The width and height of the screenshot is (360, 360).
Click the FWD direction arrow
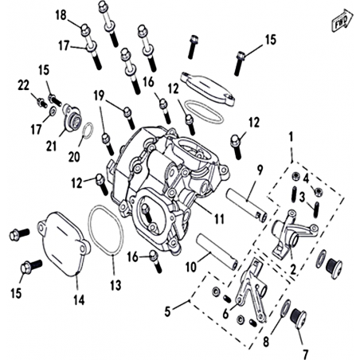tap(342, 21)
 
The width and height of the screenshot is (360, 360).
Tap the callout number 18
tap(61, 15)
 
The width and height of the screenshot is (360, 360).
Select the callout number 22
tap(24, 85)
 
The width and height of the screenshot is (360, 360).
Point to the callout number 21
tap(51, 146)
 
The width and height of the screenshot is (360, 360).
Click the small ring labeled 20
tap(88, 130)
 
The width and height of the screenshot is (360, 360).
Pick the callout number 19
tap(99, 96)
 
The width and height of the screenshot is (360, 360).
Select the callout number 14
tap(80, 300)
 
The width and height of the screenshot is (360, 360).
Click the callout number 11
tap(219, 219)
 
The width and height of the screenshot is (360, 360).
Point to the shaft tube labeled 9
tap(247, 205)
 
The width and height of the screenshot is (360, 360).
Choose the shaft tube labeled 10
tap(217, 251)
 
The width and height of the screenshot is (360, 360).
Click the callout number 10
tap(191, 267)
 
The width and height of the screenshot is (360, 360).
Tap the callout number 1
tap(291, 137)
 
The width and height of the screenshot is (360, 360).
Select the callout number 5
tap(167, 311)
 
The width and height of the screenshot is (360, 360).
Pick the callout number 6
tap(225, 314)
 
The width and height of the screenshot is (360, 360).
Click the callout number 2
tap(293, 270)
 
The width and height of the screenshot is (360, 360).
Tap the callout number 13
tap(115, 285)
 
